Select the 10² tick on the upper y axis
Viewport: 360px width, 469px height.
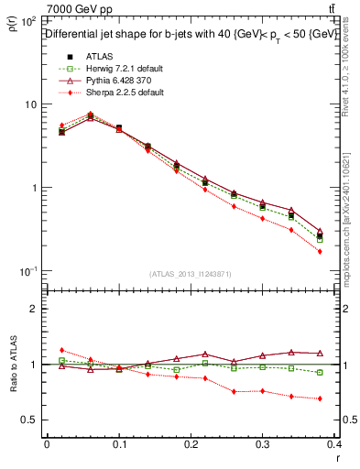28,20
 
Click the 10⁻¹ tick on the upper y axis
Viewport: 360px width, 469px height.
28,271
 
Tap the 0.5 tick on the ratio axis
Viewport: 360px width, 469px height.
29,420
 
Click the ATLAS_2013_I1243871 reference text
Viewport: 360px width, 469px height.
191,274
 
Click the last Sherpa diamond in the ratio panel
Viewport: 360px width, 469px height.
320,398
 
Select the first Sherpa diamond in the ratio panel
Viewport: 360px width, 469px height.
61,350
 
